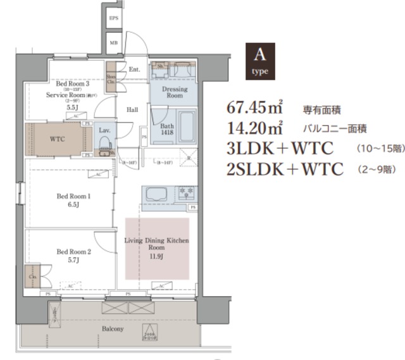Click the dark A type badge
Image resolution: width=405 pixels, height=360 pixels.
(259, 61)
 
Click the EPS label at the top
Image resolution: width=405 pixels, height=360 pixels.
(114, 19)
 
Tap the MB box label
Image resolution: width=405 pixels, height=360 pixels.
(114, 42)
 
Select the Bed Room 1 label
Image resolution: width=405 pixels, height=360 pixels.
(73, 201)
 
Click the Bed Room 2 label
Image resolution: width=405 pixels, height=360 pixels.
(73, 255)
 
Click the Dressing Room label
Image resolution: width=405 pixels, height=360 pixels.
(175, 92)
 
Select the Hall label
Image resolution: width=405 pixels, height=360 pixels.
(132, 109)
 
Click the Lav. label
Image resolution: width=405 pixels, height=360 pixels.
(104, 130)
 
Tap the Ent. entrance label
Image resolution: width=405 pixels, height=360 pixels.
(134, 69)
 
